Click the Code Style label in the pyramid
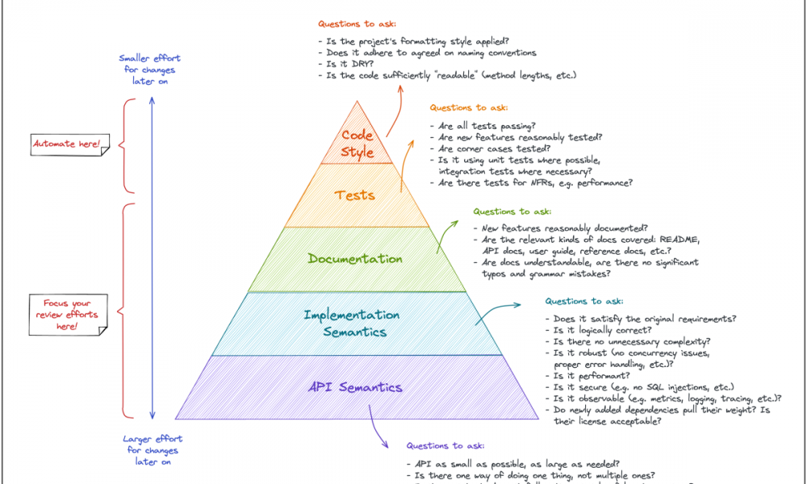point(358,144)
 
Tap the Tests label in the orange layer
point(355,194)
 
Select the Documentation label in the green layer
point(355,259)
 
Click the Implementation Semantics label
point(352,323)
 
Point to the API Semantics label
point(355,387)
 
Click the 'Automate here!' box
point(67,144)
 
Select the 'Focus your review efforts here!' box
point(67,315)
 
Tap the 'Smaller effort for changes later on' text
point(149,69)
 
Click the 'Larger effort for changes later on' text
point(153,450)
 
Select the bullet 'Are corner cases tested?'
point(494,148)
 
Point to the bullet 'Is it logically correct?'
point(601,331)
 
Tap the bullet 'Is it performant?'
point(590,376)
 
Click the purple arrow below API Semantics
point(376,423)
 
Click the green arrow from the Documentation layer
point(444,236)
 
